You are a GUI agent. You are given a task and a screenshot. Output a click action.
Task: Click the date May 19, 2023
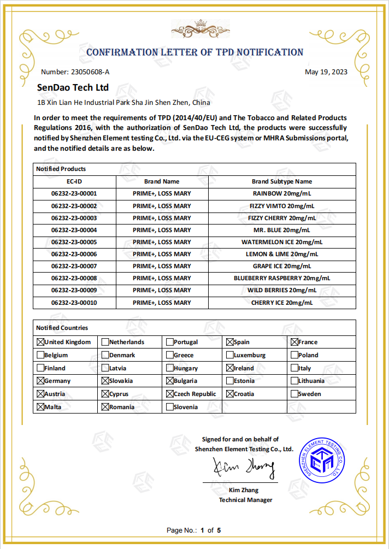coord(326,72)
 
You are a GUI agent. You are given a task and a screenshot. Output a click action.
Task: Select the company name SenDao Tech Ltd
coord(73,87)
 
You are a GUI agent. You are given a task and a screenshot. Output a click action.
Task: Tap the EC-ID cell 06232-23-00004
coord(74,230)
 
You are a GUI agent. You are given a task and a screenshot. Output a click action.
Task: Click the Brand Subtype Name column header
coord(281,181)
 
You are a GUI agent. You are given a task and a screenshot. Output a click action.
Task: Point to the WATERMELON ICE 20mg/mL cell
coord(281,242)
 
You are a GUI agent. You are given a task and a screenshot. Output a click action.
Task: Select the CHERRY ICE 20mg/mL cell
coord(281,303)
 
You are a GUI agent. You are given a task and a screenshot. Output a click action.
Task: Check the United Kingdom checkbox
coord(40,342)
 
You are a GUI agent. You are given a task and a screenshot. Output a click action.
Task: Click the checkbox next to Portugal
coord(170,342)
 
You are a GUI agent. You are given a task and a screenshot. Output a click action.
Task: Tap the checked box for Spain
coord(230,342)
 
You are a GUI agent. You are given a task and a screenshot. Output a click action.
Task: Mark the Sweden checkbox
coord(294,394)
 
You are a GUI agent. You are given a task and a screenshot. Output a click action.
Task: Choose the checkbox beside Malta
coord(40,407)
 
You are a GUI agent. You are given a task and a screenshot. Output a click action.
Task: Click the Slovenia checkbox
coord(170,407)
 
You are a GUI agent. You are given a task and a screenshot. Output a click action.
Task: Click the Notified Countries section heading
coord(62,328)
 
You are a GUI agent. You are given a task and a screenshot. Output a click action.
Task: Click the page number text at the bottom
coord(194,530)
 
